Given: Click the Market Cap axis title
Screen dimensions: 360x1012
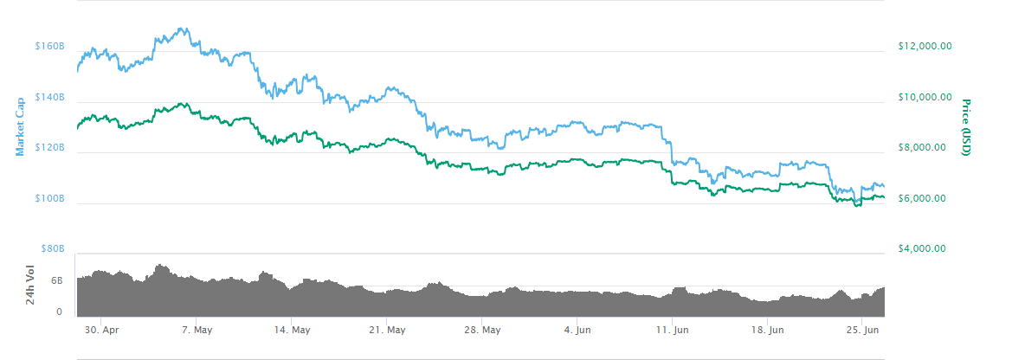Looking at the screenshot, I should [20, 125].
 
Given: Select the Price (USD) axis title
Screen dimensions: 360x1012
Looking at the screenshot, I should [966, 126].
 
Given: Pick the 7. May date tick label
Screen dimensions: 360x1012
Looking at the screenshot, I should [197, 330].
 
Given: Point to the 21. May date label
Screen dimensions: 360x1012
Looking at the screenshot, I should [387, 330].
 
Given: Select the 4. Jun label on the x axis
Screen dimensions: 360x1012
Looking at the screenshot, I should [577, 330].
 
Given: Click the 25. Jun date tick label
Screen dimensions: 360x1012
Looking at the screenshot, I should [862, 330].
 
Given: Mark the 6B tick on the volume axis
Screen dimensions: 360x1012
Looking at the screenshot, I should [56, 281].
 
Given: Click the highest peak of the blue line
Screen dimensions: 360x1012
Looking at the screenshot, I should [183, 28].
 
